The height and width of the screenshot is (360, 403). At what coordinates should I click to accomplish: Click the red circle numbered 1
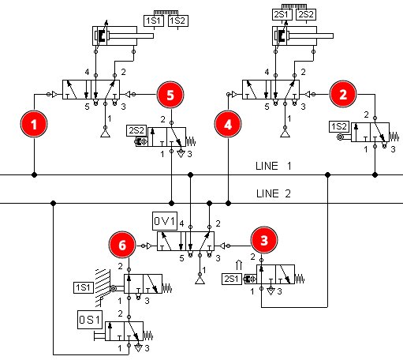click(34, 124)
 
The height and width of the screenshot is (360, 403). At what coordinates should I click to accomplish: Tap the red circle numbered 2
click(343, 94)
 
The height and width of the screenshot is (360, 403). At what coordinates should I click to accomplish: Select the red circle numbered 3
click(264, 240)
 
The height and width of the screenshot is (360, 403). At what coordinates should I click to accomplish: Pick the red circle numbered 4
click(228, 124)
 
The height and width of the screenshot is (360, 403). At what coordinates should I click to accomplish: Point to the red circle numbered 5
click(170, 95)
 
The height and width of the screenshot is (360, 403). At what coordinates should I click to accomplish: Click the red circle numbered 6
click(122, 245)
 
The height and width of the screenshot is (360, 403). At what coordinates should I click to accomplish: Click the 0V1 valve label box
click(165, 221)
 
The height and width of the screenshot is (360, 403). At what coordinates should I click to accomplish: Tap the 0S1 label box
click(90, 320)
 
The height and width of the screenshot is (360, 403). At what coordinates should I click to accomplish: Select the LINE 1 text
click(274, 166)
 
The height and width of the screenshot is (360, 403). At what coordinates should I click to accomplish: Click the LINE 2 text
click(274, 193)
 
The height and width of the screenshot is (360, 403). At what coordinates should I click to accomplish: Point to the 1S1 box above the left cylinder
click(154, 21)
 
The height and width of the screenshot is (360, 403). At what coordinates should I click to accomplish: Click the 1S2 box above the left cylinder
click(178, 21)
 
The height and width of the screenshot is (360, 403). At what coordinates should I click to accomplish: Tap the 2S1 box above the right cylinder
click(282, 14)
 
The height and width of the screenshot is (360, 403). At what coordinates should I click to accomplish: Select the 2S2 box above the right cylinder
click(306, 14)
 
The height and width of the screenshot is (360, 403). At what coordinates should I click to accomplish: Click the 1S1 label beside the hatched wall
click(84, 287)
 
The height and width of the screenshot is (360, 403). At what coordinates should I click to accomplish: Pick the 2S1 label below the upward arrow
click(232, 279)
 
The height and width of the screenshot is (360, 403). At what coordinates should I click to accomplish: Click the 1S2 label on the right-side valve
click(339, 126)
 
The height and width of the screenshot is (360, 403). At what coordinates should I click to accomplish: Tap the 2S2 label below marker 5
click(136, 130)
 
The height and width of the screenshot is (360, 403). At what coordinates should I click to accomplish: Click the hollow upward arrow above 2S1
click(239, 265)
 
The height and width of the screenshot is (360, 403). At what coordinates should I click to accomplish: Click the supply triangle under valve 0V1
click(200, 280)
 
